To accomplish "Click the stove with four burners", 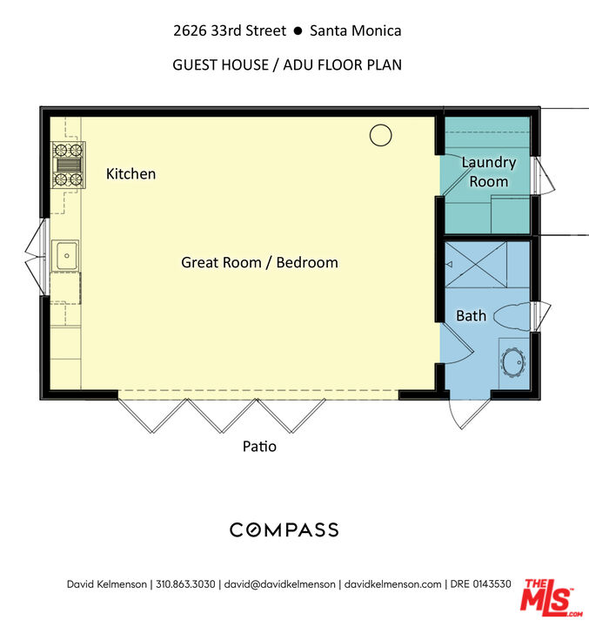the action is tap(68, 165).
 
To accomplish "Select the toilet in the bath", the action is tap(512, 317).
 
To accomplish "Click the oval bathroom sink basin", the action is tap(513, 362).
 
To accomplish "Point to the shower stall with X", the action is tap(476, 265).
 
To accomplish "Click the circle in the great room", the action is tap(380, 135).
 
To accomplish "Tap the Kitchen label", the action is tap(131, 174).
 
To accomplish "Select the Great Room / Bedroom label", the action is tap(259, 263).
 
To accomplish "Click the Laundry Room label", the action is tap(489, 172).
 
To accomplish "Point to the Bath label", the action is tap(472, 316).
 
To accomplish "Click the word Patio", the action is tap(259, 446).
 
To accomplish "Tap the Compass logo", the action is tap(284, 529).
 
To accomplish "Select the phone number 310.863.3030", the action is tap(185, 584).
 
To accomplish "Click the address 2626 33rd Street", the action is tap(230, 30).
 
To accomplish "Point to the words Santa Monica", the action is tap(355, 30).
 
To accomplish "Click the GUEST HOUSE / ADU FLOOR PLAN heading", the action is tap(287, 64).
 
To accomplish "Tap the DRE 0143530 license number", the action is tap(480, 584).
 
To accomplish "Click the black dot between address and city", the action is tap(298, 30).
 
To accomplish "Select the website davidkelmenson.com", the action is tap(392, 584).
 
